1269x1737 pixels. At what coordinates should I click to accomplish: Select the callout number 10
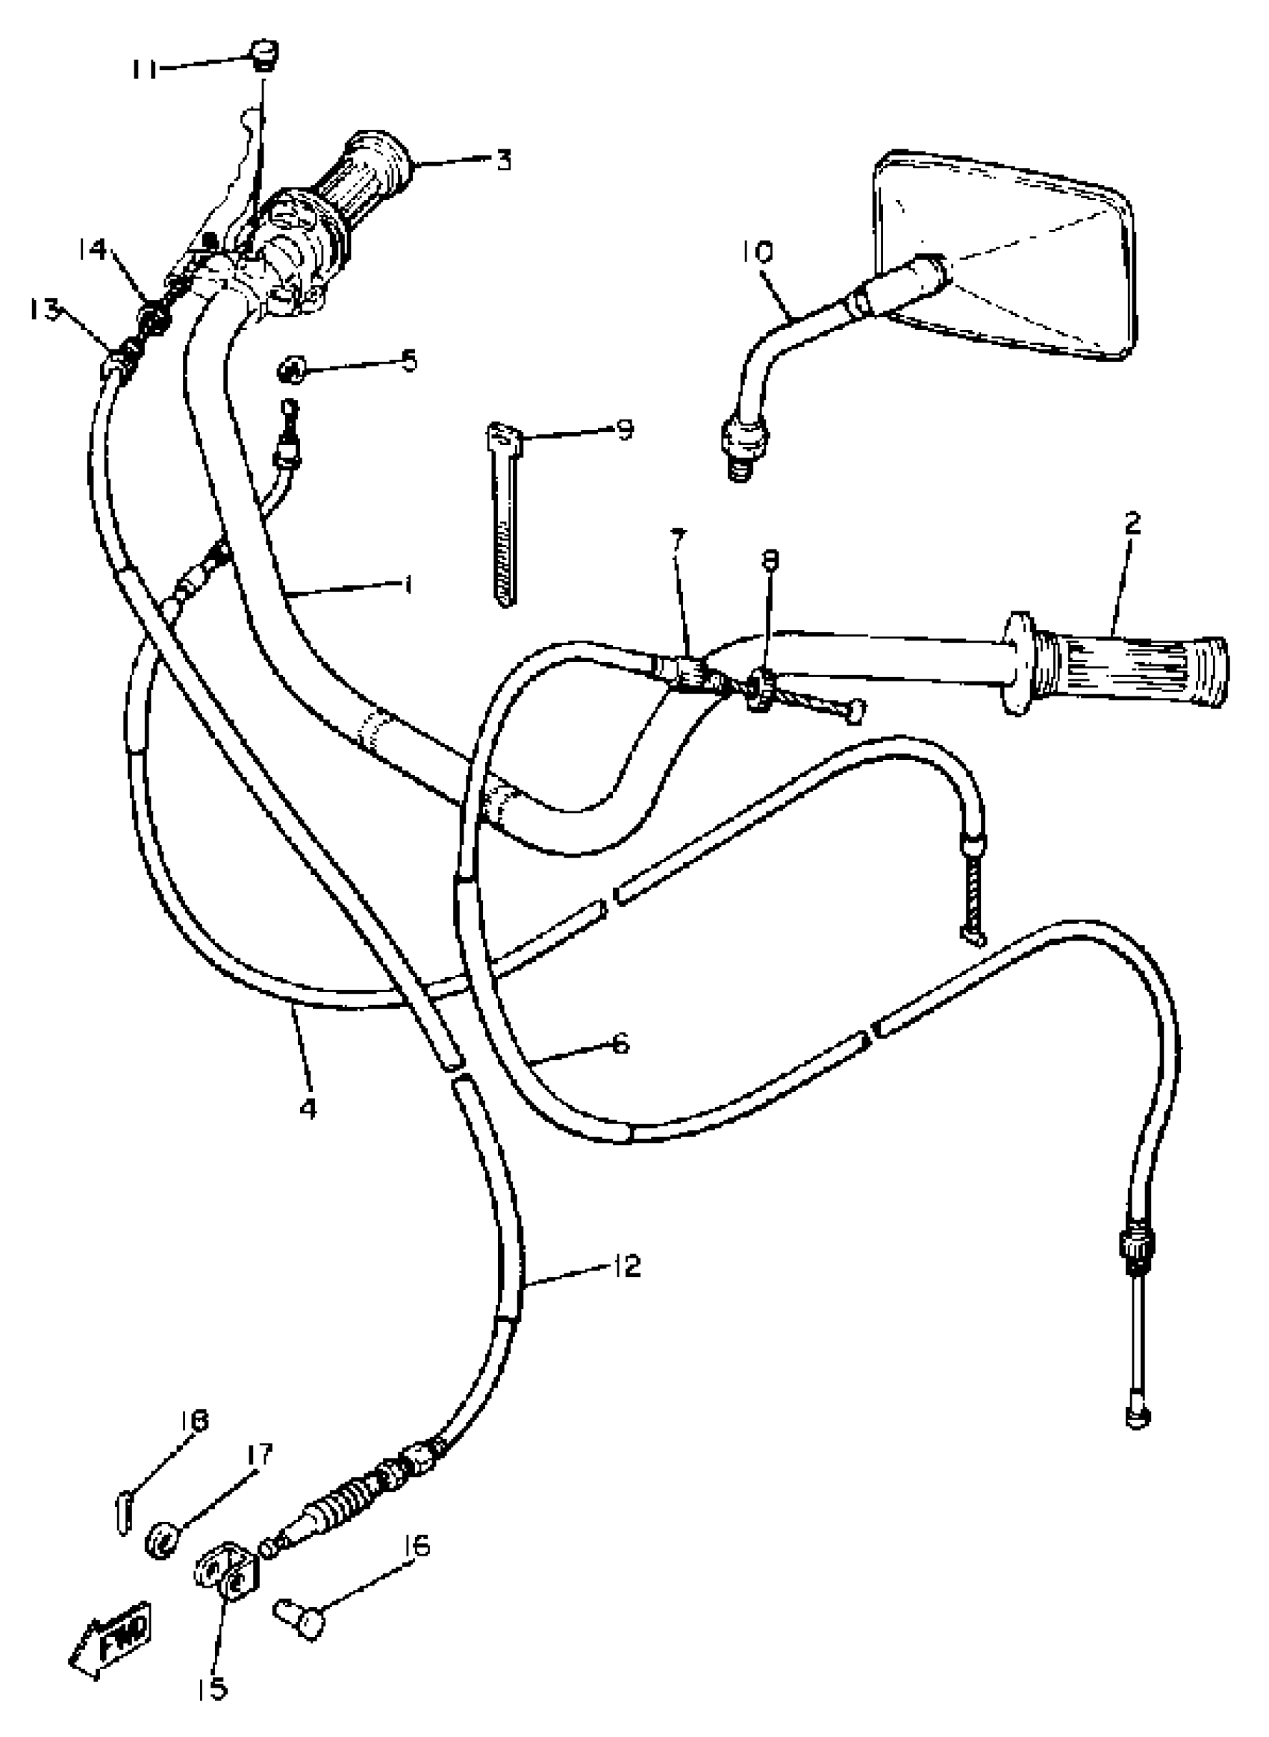click(x=758, y=252)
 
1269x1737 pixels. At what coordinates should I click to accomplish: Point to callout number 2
click(x=1132, y=524)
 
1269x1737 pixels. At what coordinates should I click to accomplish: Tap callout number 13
click(x=44, y=311)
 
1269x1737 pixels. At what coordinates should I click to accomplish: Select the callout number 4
click(x=308, y=1108)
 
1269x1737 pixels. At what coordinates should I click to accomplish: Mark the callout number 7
click(x=676, y=540)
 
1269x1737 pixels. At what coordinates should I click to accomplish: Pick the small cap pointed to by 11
click(x=264, y=55)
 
